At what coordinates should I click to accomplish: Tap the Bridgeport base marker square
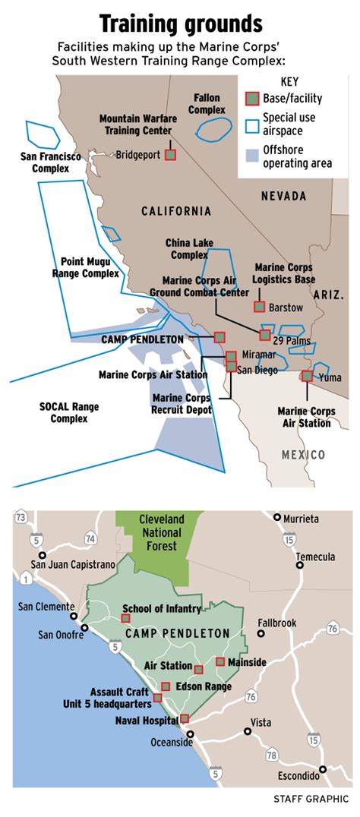click(170, 154)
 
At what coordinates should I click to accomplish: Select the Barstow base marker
click(259, 307)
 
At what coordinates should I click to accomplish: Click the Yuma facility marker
click(307, 375)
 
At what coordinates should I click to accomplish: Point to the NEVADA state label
click(283, 197)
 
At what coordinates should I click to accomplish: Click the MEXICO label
click(303, 455)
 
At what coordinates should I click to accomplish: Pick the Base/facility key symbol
click(252, 99)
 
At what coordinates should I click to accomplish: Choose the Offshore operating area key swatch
click(252, 156)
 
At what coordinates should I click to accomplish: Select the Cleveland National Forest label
click(161, 532)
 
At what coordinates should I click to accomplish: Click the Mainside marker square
click(220, 661)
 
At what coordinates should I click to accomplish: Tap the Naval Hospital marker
click(184, 718)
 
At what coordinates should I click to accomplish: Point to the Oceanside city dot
click(191, 733)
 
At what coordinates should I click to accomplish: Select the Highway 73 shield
click(21, 518)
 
